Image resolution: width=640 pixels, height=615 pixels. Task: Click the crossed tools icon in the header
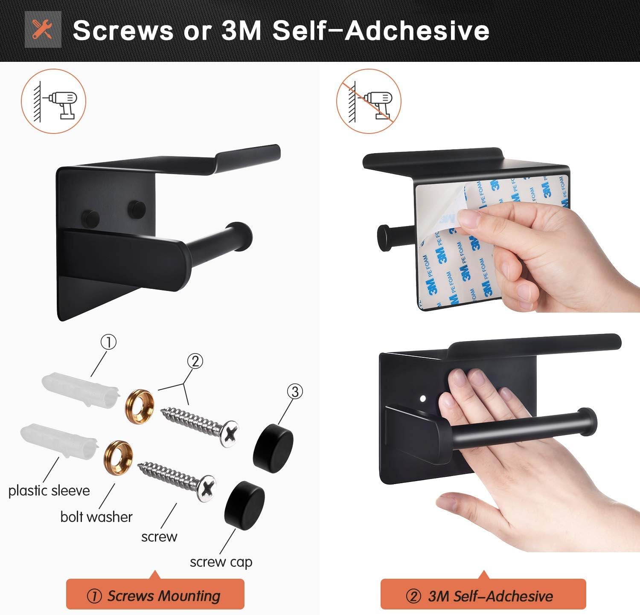point(43,29)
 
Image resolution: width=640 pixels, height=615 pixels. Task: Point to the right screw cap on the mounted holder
point(136,207)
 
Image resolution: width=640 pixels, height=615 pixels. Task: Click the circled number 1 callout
point(108,342)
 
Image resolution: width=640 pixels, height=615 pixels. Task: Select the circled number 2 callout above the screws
point(195,361)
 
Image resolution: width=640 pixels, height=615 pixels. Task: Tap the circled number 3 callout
point(295,391)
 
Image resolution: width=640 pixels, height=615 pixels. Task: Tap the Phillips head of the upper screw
point(230,434)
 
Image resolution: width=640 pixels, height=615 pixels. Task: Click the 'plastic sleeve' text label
point(49,490)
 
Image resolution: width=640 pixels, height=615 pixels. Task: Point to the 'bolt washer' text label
point(96,517)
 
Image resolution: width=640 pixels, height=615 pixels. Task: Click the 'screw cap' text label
point(221,562)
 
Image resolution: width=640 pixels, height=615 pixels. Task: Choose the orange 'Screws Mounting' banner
point(155,595)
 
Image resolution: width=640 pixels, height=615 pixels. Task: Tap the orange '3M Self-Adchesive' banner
point(483,595)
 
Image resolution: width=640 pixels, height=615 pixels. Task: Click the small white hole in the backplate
point(423,399)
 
